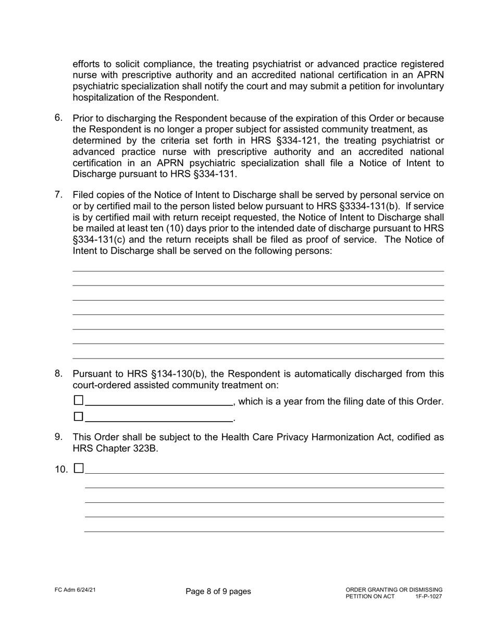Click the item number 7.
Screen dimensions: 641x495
coord(58,194)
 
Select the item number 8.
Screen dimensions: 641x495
coord(58,373)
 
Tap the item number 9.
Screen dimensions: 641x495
coord(58,436)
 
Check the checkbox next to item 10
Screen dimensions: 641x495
coord(79,468)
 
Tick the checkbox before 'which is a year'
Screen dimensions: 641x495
coord(79,400)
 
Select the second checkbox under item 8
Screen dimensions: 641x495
coord(79,416)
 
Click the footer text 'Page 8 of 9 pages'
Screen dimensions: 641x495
coord(218,591)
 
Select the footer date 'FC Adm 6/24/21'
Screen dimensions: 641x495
coord(75,589)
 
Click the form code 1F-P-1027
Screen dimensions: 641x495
coord(428,596)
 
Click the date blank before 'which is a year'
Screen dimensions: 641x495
coord(158,401)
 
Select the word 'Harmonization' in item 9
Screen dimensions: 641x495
coord(323,437)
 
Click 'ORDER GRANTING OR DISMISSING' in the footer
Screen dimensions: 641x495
coord(393,589)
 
